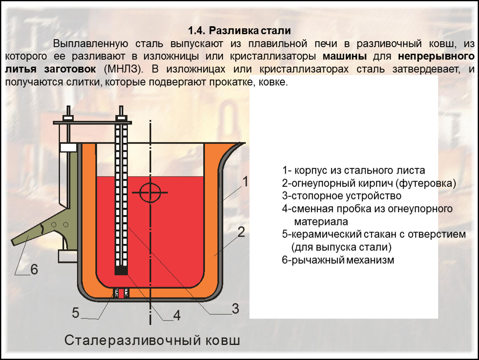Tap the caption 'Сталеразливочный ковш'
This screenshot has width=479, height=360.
coord(152,340)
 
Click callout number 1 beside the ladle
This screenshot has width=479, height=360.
coord(245,182)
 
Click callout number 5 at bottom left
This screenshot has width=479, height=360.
coord(75,312)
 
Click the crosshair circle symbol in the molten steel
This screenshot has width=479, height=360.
coord(150,192)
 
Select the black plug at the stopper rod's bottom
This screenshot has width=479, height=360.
coord(121,271)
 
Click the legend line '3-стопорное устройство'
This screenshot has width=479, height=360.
coord(341,196)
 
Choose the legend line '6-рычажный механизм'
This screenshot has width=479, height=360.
coord(337,260)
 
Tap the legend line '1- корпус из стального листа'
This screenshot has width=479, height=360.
coord(353,170)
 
